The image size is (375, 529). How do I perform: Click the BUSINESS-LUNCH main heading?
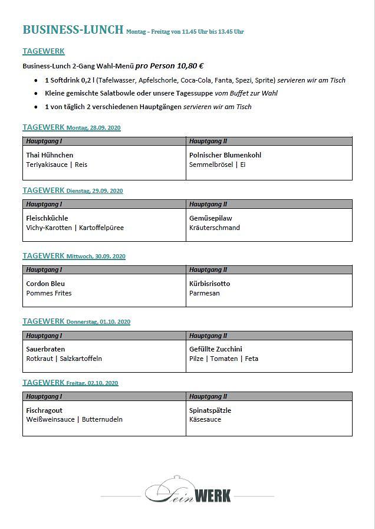point(73,30)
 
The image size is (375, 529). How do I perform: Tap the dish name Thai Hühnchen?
point(50,155)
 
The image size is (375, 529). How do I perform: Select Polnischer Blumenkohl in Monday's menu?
point(225,155)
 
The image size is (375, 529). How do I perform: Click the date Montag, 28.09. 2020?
point(94,128)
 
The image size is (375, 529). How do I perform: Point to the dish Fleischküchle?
point(47,218)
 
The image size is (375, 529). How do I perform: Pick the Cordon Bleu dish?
point(45,284)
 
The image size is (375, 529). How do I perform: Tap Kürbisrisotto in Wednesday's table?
point(210,284)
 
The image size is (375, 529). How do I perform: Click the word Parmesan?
point(205,293)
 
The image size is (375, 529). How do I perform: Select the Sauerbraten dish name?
point(45,349)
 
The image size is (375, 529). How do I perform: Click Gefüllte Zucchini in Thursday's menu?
point(216,349)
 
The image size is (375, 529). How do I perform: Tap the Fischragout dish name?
point(44,410)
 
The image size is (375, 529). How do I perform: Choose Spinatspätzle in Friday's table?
point(210,410)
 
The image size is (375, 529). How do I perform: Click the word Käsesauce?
point(205,419)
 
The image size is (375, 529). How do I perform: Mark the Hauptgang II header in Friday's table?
point(208,396)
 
